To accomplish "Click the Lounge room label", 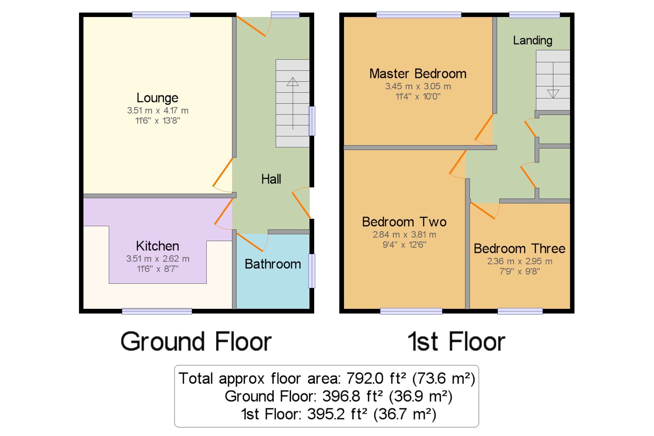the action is coord(157,98).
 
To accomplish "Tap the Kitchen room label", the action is coord(157,246).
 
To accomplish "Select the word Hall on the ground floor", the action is coord(271,179).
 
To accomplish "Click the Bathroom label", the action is coord(273,264).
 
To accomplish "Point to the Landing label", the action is coord(532,41).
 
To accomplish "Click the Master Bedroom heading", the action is coord(418,74).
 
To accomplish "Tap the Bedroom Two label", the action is coord(404,222).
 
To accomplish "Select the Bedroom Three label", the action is coord(519,249).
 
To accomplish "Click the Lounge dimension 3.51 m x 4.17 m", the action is coord(157,111).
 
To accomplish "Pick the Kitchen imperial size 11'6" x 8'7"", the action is coord(157,269).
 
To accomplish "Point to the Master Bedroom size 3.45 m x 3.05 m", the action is coord(418,86).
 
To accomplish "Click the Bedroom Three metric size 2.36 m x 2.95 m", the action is coord(520,261).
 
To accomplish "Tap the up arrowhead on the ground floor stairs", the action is coord(293,81).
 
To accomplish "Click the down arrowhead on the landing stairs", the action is coord(553,94).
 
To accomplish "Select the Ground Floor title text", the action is coord(196,342).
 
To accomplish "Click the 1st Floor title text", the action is coord(456,342).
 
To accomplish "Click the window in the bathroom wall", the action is coord(312,271).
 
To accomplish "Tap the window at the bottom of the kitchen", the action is coord(157,311).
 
